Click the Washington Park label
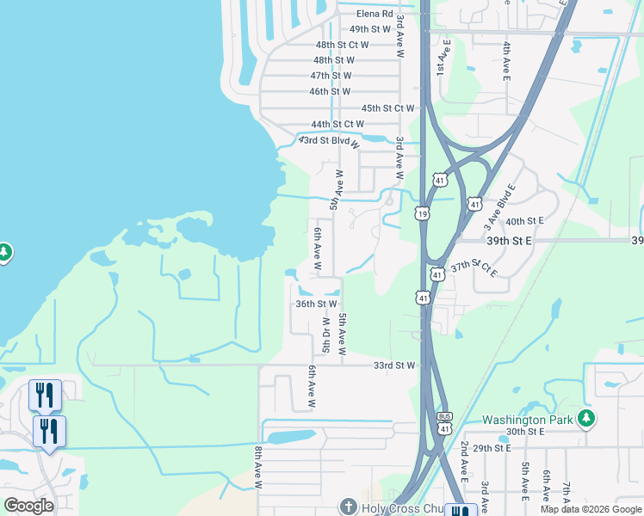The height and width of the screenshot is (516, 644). point(527,420)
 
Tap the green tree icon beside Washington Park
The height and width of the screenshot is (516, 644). point(586,419)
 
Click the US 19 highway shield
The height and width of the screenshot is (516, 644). point(422,212)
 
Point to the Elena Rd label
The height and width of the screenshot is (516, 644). point(375,14)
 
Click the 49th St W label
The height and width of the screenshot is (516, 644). point(369,29)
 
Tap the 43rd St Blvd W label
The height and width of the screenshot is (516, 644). point(331,140)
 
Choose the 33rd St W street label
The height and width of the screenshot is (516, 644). point(394,365)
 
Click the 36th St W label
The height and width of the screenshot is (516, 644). point(316,304)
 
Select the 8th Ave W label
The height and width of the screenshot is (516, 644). point(257,468)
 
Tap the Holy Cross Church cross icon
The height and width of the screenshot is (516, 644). point(348,507)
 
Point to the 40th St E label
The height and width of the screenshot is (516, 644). point(525,221)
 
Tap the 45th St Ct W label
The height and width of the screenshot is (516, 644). point(388,108)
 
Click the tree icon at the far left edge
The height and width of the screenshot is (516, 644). point(3,252)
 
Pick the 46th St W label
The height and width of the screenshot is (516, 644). point(330,91)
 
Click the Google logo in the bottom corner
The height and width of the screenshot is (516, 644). point(28,506)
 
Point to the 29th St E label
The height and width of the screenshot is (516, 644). point(492,448)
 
